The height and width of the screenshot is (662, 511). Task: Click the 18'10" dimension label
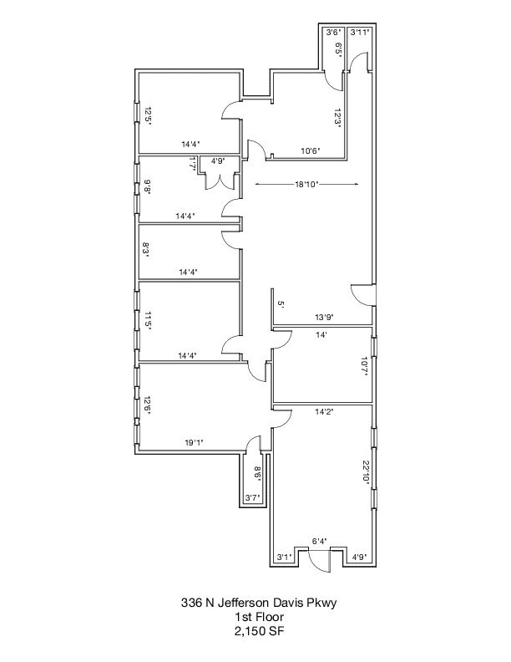coord(306,184)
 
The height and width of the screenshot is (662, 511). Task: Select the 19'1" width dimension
coord(194,442)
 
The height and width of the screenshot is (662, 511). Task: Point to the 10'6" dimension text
coord(311,150)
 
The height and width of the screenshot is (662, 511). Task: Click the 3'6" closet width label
coord(333,32)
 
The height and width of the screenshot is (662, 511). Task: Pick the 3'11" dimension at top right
coord(360,32)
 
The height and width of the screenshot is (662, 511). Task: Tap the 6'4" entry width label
coord(319,541)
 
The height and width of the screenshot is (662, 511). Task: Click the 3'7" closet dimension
coord(252,498)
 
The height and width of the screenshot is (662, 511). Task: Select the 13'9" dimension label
coord(324,317)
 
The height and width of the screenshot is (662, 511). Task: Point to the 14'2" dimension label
coord(324,411)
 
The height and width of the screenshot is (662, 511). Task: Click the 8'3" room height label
coord(146,252)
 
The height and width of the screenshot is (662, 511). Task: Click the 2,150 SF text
coord(259,632)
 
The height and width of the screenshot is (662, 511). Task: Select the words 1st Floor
coord(259,617)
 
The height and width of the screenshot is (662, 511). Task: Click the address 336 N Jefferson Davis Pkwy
coord(259,603)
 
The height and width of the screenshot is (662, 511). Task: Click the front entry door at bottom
coord(319,561)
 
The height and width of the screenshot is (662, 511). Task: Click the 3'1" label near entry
coord(284,557)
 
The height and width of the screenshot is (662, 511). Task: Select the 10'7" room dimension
coord(365,366)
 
